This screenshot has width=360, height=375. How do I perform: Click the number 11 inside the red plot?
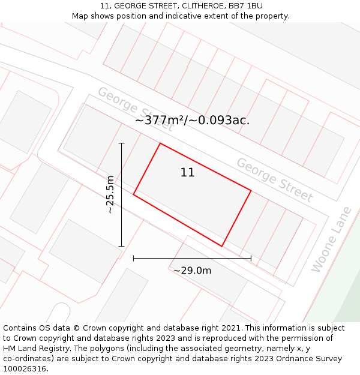187,173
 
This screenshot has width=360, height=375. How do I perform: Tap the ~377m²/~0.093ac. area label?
192,120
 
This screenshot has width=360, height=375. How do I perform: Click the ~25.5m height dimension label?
110,194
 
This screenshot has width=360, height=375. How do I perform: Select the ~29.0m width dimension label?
192,271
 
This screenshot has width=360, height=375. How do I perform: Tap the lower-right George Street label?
275,180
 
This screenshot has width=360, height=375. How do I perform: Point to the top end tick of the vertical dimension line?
121,143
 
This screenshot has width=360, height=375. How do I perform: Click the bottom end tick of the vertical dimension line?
121,246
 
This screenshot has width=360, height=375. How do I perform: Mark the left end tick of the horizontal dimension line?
133,258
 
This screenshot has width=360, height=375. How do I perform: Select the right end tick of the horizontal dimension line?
251,258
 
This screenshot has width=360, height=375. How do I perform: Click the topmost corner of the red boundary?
160,143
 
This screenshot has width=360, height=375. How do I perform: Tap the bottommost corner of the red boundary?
222,246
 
